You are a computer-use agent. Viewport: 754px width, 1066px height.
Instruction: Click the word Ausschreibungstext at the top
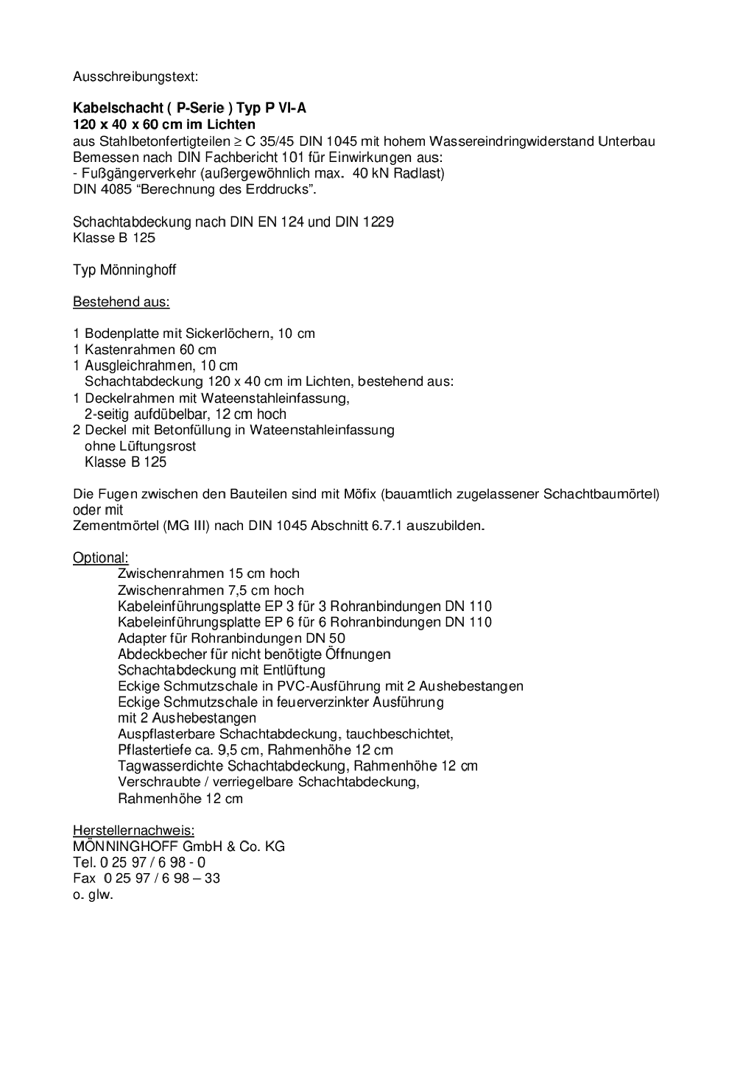[x=135, y=76]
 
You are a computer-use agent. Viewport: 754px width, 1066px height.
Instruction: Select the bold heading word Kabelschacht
[x=118, y=108]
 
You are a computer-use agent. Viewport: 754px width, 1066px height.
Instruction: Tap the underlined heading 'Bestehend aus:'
[x=121, y=302]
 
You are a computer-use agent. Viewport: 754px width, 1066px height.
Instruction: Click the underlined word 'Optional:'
[x=100, y=557]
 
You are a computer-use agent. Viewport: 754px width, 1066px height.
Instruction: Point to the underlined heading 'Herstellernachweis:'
[x=133, y=830]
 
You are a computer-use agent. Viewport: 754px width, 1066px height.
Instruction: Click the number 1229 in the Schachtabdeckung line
[x=378, y=222]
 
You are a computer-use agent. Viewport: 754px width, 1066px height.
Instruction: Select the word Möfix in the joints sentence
[x=359, y=494]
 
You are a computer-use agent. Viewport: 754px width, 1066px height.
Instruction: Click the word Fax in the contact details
[x=85, y=878]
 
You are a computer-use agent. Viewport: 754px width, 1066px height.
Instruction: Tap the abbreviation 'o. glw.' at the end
[x=93, y=895]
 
